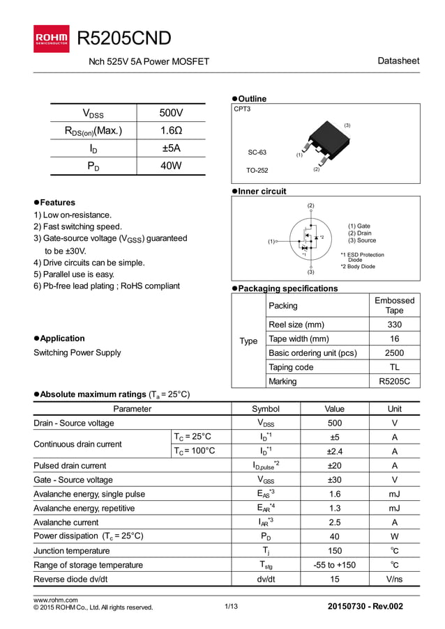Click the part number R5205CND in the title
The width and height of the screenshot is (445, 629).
[x=124, y=38]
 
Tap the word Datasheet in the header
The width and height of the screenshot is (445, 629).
[x=398, y=61]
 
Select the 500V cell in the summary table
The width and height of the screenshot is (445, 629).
[x=171, y=113]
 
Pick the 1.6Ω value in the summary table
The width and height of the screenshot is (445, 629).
[x=171, y=130]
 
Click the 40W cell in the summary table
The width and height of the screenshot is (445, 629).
[x=171, y=166]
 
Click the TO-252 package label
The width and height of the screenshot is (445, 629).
[x=257, y=170]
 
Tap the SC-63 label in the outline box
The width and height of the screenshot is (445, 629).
[x=257, y=152]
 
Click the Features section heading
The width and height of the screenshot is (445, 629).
[x=59, y=202]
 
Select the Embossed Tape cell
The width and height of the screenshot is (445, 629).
[x=394, y=305]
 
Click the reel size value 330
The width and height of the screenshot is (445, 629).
[x=394, y=325]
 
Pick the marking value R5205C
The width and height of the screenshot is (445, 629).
[x=394, y=381]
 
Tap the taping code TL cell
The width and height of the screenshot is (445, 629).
[x=394, y=367]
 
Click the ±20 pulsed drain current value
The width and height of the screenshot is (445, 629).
[x=335, y=465]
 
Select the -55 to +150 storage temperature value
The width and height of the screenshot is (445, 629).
[x=335, y=564]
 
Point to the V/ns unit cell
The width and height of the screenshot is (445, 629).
[x=394, y=579]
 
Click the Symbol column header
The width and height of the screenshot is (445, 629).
[x=265, y=409]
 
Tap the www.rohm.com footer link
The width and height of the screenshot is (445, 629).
[x=56, y=599]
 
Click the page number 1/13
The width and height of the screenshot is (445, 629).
[x=232, y=607]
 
